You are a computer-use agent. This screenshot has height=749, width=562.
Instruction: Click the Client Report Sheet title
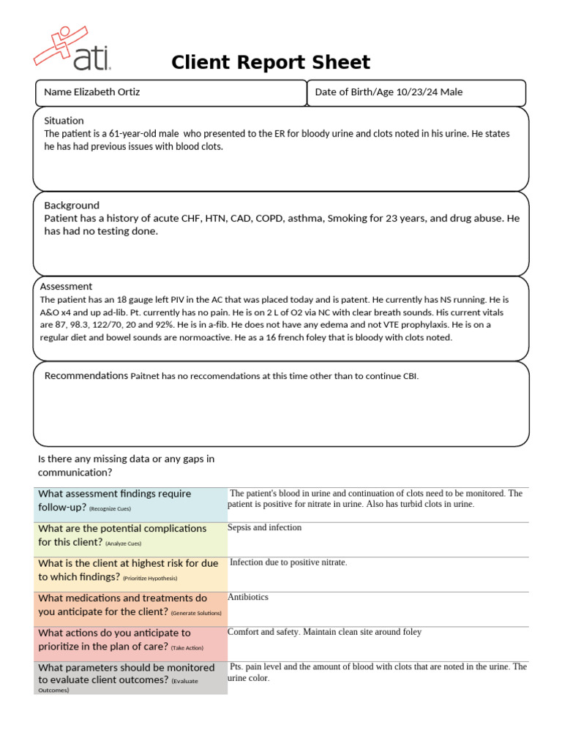[271, 63]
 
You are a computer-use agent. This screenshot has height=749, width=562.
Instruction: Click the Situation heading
[64, 121]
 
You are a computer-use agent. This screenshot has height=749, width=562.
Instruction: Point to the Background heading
[71, 206]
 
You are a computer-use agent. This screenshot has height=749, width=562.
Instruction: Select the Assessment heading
[66, 287]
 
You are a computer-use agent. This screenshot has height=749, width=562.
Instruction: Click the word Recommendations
[86, 376]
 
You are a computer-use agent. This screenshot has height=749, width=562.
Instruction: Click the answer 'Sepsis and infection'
[264, 527]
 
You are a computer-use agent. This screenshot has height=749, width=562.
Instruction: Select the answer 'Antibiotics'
[248, 597]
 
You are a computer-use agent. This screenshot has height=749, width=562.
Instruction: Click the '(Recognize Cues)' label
[110, 508]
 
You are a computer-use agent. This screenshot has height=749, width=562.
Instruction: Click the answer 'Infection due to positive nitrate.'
[288, 562]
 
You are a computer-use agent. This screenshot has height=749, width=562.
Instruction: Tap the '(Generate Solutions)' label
[196, 614]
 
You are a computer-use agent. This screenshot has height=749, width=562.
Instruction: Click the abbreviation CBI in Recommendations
[411, 377]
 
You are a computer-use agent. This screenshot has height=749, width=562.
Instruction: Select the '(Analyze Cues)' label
[123, 543]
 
